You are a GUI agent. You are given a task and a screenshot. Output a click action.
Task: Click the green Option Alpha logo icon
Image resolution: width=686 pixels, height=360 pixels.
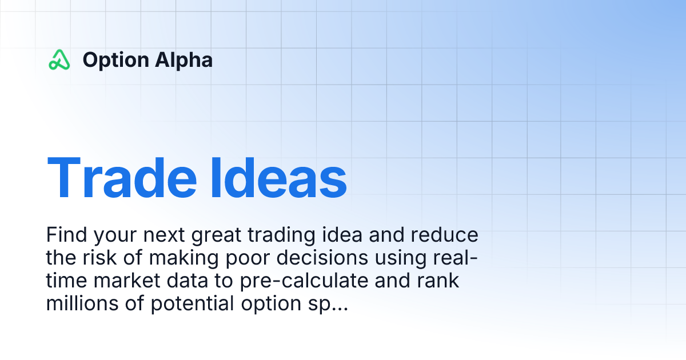pos(59,60)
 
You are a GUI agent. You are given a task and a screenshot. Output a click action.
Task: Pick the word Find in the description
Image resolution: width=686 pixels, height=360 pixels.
pos(65,235)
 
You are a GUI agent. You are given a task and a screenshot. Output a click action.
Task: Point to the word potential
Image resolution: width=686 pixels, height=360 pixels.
pos(192,304)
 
